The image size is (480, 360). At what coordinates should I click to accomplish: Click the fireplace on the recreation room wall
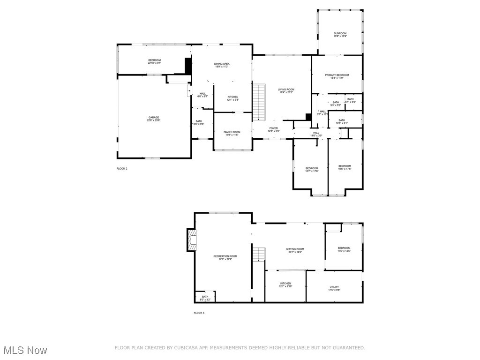pyautogui.click(x=191, y=240)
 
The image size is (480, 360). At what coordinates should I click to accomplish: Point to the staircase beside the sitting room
pyautogui.click(x=259, y=255)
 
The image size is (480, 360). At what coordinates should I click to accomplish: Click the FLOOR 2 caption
pyautogui.click(x=122, y=168)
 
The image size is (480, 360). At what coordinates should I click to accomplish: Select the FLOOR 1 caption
pyautogui.click(x=199, y=313)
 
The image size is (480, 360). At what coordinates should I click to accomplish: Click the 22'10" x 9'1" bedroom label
pyautogui.click(x=154, y=61)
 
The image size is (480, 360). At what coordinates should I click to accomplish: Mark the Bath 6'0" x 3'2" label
pyautogui.click(x=205, y=298)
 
